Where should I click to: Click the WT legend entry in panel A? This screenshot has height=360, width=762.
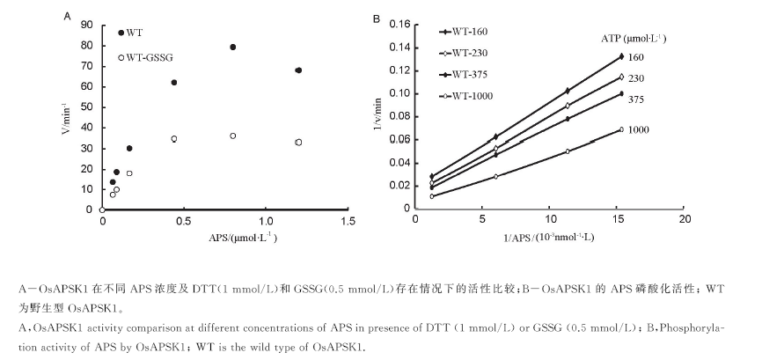(x=134, y=33)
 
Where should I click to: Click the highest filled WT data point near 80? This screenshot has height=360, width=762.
(x=233, y=48)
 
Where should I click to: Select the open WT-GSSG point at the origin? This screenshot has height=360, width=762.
(x=103, y=209)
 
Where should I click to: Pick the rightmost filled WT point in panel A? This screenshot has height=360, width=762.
(x=298, y=70)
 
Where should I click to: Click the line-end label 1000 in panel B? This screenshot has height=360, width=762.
(x=640, y=130)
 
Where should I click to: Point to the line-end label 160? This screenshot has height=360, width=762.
(x=637, y=57)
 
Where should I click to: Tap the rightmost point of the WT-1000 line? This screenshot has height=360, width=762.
(x=621, y=130)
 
